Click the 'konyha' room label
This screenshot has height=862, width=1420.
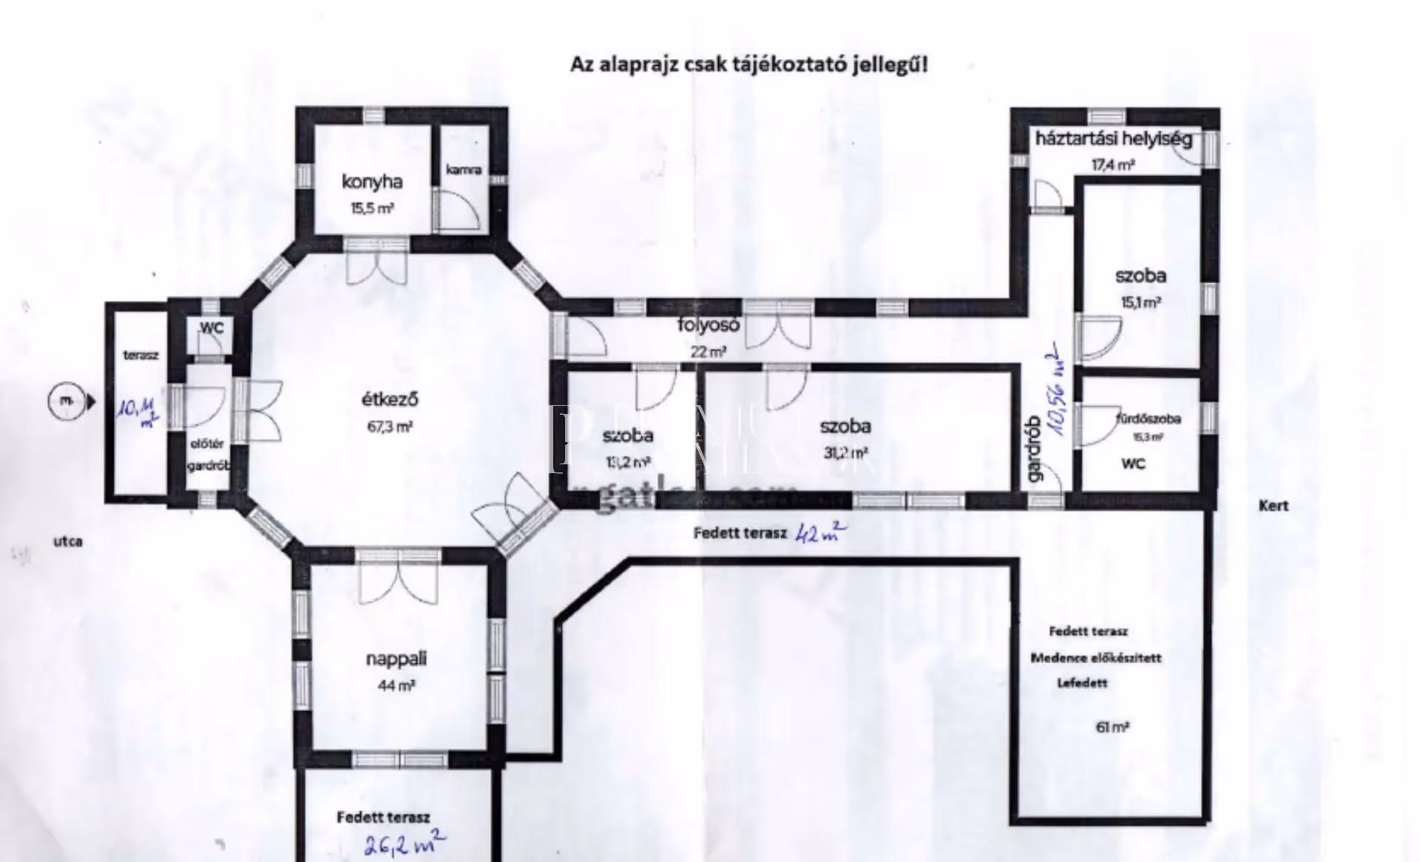(372, 182)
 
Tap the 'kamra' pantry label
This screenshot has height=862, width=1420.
(464, 169)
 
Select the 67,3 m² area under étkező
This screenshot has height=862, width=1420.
(390, 427)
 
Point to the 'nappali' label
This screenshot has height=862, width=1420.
(396, 659)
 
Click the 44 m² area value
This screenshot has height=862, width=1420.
(396, 686)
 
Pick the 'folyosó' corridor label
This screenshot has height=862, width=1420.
(709, 325)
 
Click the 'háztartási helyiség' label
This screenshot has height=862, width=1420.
(1113, 138)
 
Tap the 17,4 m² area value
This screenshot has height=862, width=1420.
(1113, 165)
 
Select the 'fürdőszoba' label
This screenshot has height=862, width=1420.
(1148, 418)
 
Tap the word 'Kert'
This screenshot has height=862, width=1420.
(1274, 506)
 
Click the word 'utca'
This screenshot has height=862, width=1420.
(68, 541)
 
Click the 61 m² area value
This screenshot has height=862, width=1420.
(1112, 727)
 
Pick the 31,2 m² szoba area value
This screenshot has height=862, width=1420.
(845, 452)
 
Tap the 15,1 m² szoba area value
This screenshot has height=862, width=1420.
(1140, 302)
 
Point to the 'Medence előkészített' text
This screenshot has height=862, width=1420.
(1096, 658)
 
